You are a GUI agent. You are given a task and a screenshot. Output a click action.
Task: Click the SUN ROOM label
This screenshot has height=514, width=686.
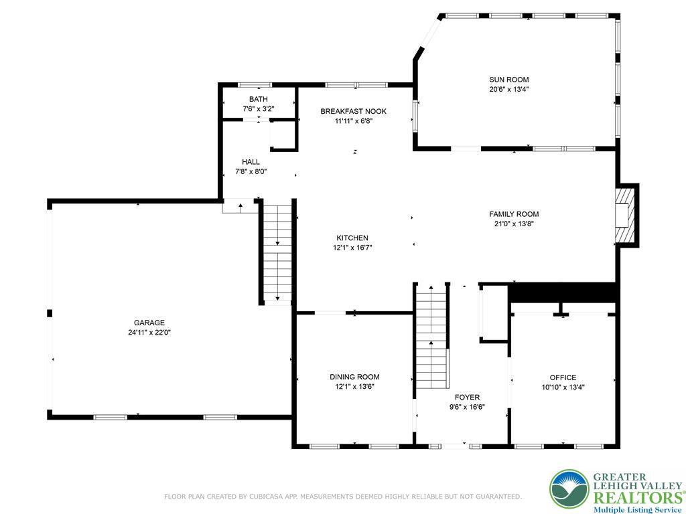pos(508,80)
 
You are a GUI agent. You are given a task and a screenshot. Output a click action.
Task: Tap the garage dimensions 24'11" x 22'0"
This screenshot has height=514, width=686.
pos(149,332)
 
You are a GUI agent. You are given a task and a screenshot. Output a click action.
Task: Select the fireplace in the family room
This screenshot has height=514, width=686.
pos(626,215)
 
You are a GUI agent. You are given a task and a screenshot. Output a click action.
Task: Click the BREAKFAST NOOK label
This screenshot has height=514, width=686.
pos(353,111)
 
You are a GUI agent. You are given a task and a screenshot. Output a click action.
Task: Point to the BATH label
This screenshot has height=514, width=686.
pos(258,99)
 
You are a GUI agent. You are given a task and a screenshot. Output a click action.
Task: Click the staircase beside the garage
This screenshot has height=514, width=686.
pos(277,252)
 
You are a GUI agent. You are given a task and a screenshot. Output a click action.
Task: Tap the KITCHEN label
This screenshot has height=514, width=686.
pos(352,238)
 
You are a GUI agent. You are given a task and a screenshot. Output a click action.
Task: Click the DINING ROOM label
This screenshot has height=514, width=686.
pos(354,377)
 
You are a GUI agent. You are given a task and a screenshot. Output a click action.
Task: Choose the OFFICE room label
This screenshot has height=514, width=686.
pos(563,377)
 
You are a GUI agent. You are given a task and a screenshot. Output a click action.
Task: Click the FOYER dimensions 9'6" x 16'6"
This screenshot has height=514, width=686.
pos(467,406)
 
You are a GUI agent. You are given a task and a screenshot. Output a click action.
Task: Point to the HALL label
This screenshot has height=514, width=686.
pos(251,162)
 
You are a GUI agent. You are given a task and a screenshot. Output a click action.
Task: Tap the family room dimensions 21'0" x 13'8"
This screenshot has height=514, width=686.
pos(514,224)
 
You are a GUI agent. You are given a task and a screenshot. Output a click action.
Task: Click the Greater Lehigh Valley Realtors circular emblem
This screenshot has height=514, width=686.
pos(569,491)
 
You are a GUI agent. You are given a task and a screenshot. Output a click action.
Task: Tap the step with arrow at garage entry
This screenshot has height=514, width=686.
pos(240,206)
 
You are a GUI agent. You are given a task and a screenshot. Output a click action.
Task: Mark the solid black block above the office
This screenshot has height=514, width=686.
pos(561,292)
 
